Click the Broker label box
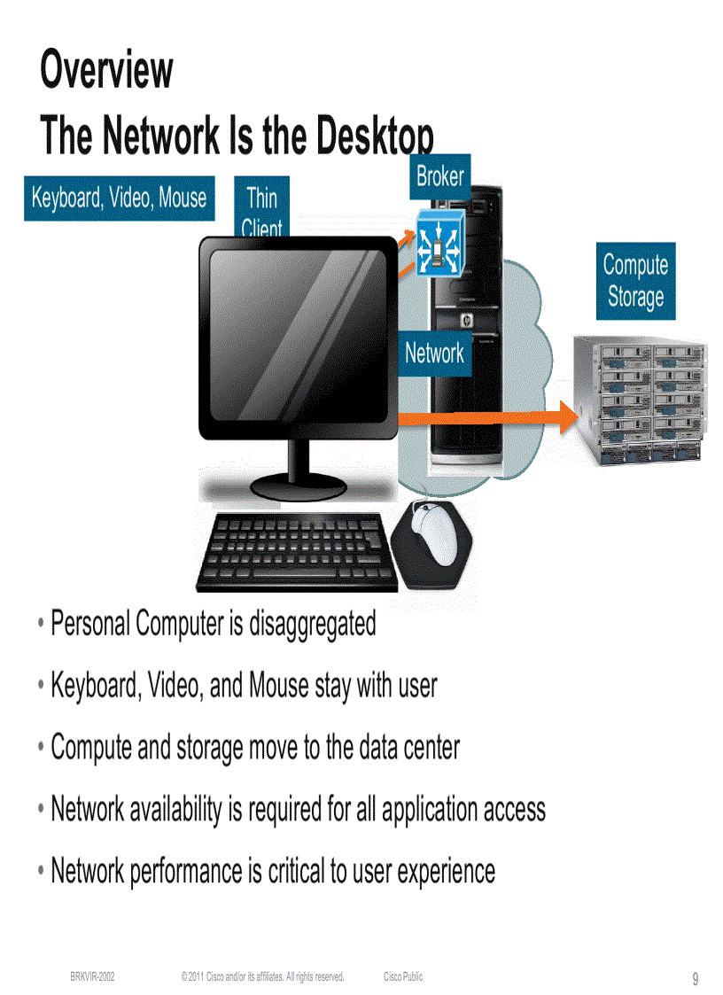pyautogui.click(x=439, y=176)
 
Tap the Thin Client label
pyautogui.click(x=261, y=209)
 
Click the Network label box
pyautogui.click(x=434, y=354)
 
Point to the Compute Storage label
pyautogui.click(x=635, y=281)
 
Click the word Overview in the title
pyautogui.click(x=106, y=70)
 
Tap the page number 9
pyautogui.click(x=696, y=979)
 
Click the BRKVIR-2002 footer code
pyautogui.click(x=92, y=976)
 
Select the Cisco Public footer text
pyautogui.click(x=403, y=976)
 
